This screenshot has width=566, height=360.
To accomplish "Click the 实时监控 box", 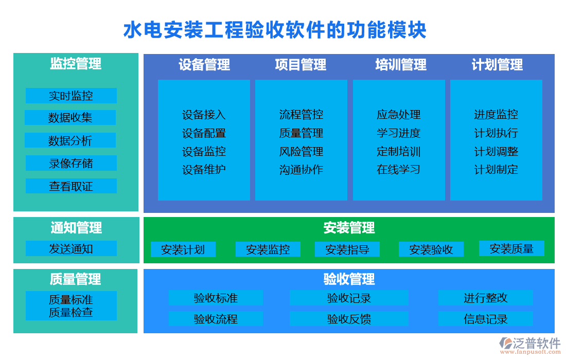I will point(71,96).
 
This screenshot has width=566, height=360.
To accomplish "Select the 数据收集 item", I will point(70,118).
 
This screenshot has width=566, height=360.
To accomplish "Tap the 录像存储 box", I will point(71,163).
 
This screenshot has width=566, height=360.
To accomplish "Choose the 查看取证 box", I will point(71,186).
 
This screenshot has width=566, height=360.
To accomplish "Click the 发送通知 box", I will point(71,249).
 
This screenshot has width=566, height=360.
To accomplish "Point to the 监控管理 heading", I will point(76,64).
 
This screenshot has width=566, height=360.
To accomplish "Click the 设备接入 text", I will point(204,115).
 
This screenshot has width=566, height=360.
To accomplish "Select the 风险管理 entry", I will point(301,152).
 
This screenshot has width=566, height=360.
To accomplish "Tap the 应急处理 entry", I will point(398,115).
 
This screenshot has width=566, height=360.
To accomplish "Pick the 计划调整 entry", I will point(496,152).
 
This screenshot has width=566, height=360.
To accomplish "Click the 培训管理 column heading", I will point(401,65).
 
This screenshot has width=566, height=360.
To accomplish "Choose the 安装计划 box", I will point(183,250).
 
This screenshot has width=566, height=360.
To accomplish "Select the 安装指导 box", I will point(347,250).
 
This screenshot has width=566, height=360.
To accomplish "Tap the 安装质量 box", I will point(511,249).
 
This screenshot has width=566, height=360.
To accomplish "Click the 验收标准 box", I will point(216,298).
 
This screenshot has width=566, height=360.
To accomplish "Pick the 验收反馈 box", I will point(348,319).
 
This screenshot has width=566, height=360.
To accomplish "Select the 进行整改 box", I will point(485,298).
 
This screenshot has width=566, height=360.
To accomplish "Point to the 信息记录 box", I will point(485,319).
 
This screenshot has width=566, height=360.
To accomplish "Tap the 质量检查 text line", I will point(71,312).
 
